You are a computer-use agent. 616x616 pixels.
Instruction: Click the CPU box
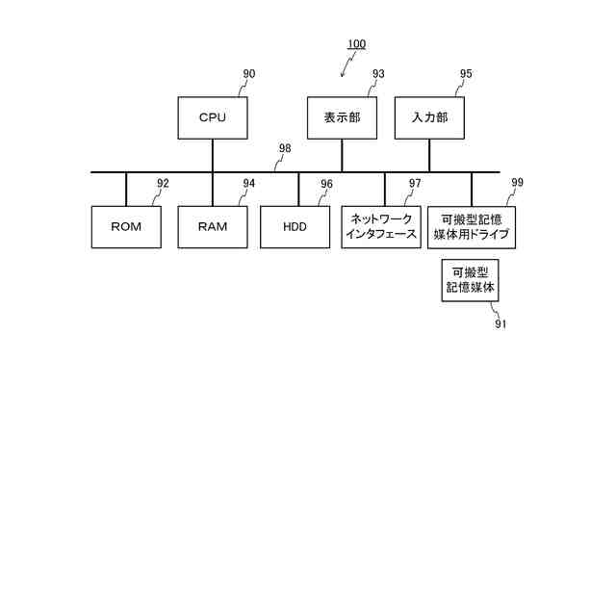click(212, 117)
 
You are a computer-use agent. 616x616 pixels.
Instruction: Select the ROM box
click(126, 227)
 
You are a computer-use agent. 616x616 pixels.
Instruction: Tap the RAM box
click(212, 227)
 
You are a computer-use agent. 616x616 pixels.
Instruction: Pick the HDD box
click(295, 227)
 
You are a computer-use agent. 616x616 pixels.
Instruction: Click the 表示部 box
click(342, 117)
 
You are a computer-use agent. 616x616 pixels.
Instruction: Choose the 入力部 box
click(429, 117)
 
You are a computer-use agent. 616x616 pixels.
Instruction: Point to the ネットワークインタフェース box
click(380, 226)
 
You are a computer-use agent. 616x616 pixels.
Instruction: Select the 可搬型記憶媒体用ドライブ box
click(471, 226)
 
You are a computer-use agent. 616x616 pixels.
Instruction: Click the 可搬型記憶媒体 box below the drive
click(471, 280)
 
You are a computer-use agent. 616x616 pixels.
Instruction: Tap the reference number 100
click(356, 44)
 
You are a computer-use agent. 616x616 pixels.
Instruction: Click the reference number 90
click(249, 74)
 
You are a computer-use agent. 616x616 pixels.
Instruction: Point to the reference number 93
click(378, 74)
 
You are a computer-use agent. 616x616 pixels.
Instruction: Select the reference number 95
click(466, 74)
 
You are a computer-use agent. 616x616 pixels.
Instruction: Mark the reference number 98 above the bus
click(285, 148)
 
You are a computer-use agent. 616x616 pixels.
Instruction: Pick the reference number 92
click(163, 183)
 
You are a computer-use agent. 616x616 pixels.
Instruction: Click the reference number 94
click(249, 183)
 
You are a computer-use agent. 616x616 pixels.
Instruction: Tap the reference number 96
click(326, 184)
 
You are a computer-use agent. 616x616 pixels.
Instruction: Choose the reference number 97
click(415, 183)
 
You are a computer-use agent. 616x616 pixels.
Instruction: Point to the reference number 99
click(518, 182)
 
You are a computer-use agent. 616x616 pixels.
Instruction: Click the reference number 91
click(500, 324)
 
